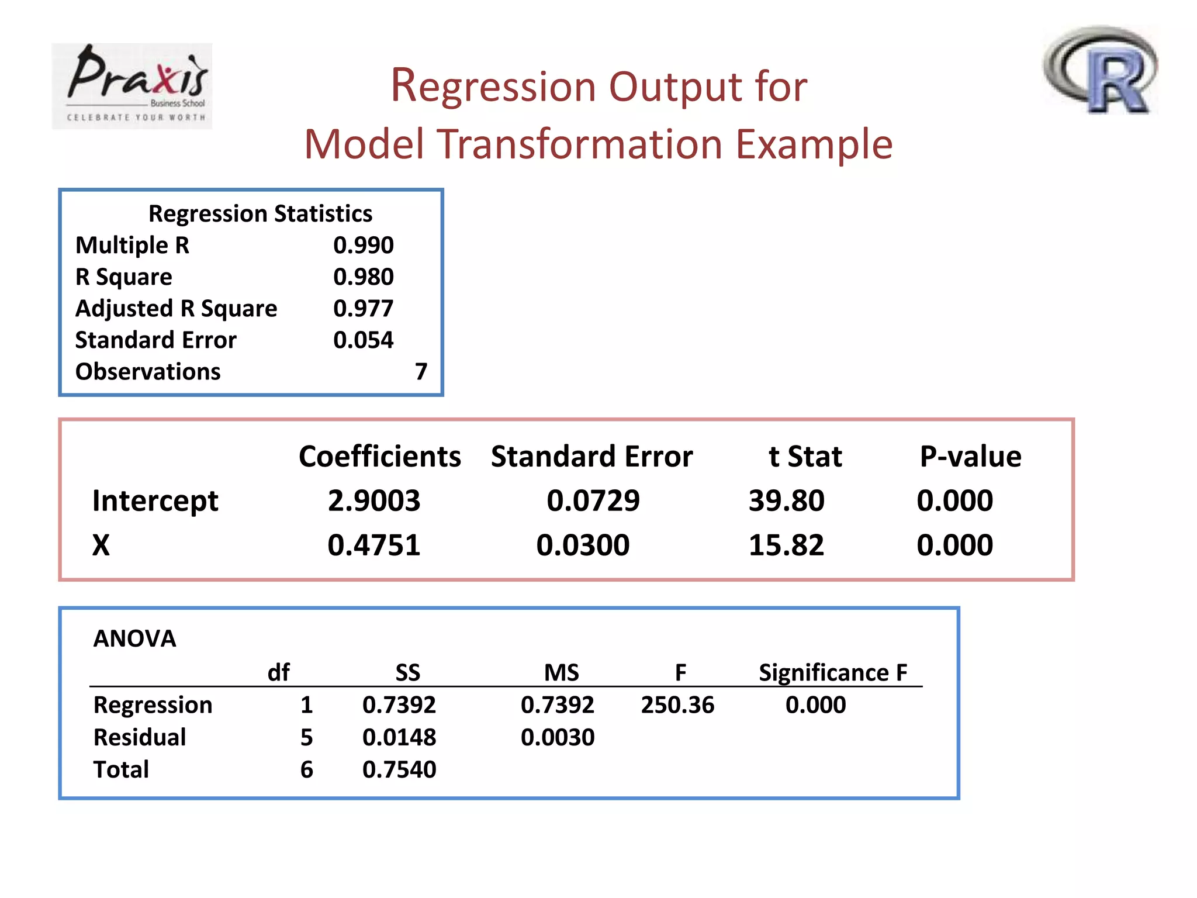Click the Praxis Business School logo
point(132,85)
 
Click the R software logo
point(1101,70)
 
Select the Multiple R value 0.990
point(363,245)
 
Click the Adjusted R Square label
point(176,309)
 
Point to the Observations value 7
point(421,371)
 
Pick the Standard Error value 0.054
point(363,340)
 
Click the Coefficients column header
point(379,457)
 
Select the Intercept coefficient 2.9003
point(373,501)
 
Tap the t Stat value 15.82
point(786,545)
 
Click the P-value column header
point(970,457)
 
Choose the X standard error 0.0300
point(583,545)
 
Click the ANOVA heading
point(134,638)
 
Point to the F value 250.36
point(677,705)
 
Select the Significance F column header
point(833,673)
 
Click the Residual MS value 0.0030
point(558,737)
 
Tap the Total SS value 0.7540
point(399,769)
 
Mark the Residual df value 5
point(306,737)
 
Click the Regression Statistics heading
point(260,214)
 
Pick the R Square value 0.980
point(363,277)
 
